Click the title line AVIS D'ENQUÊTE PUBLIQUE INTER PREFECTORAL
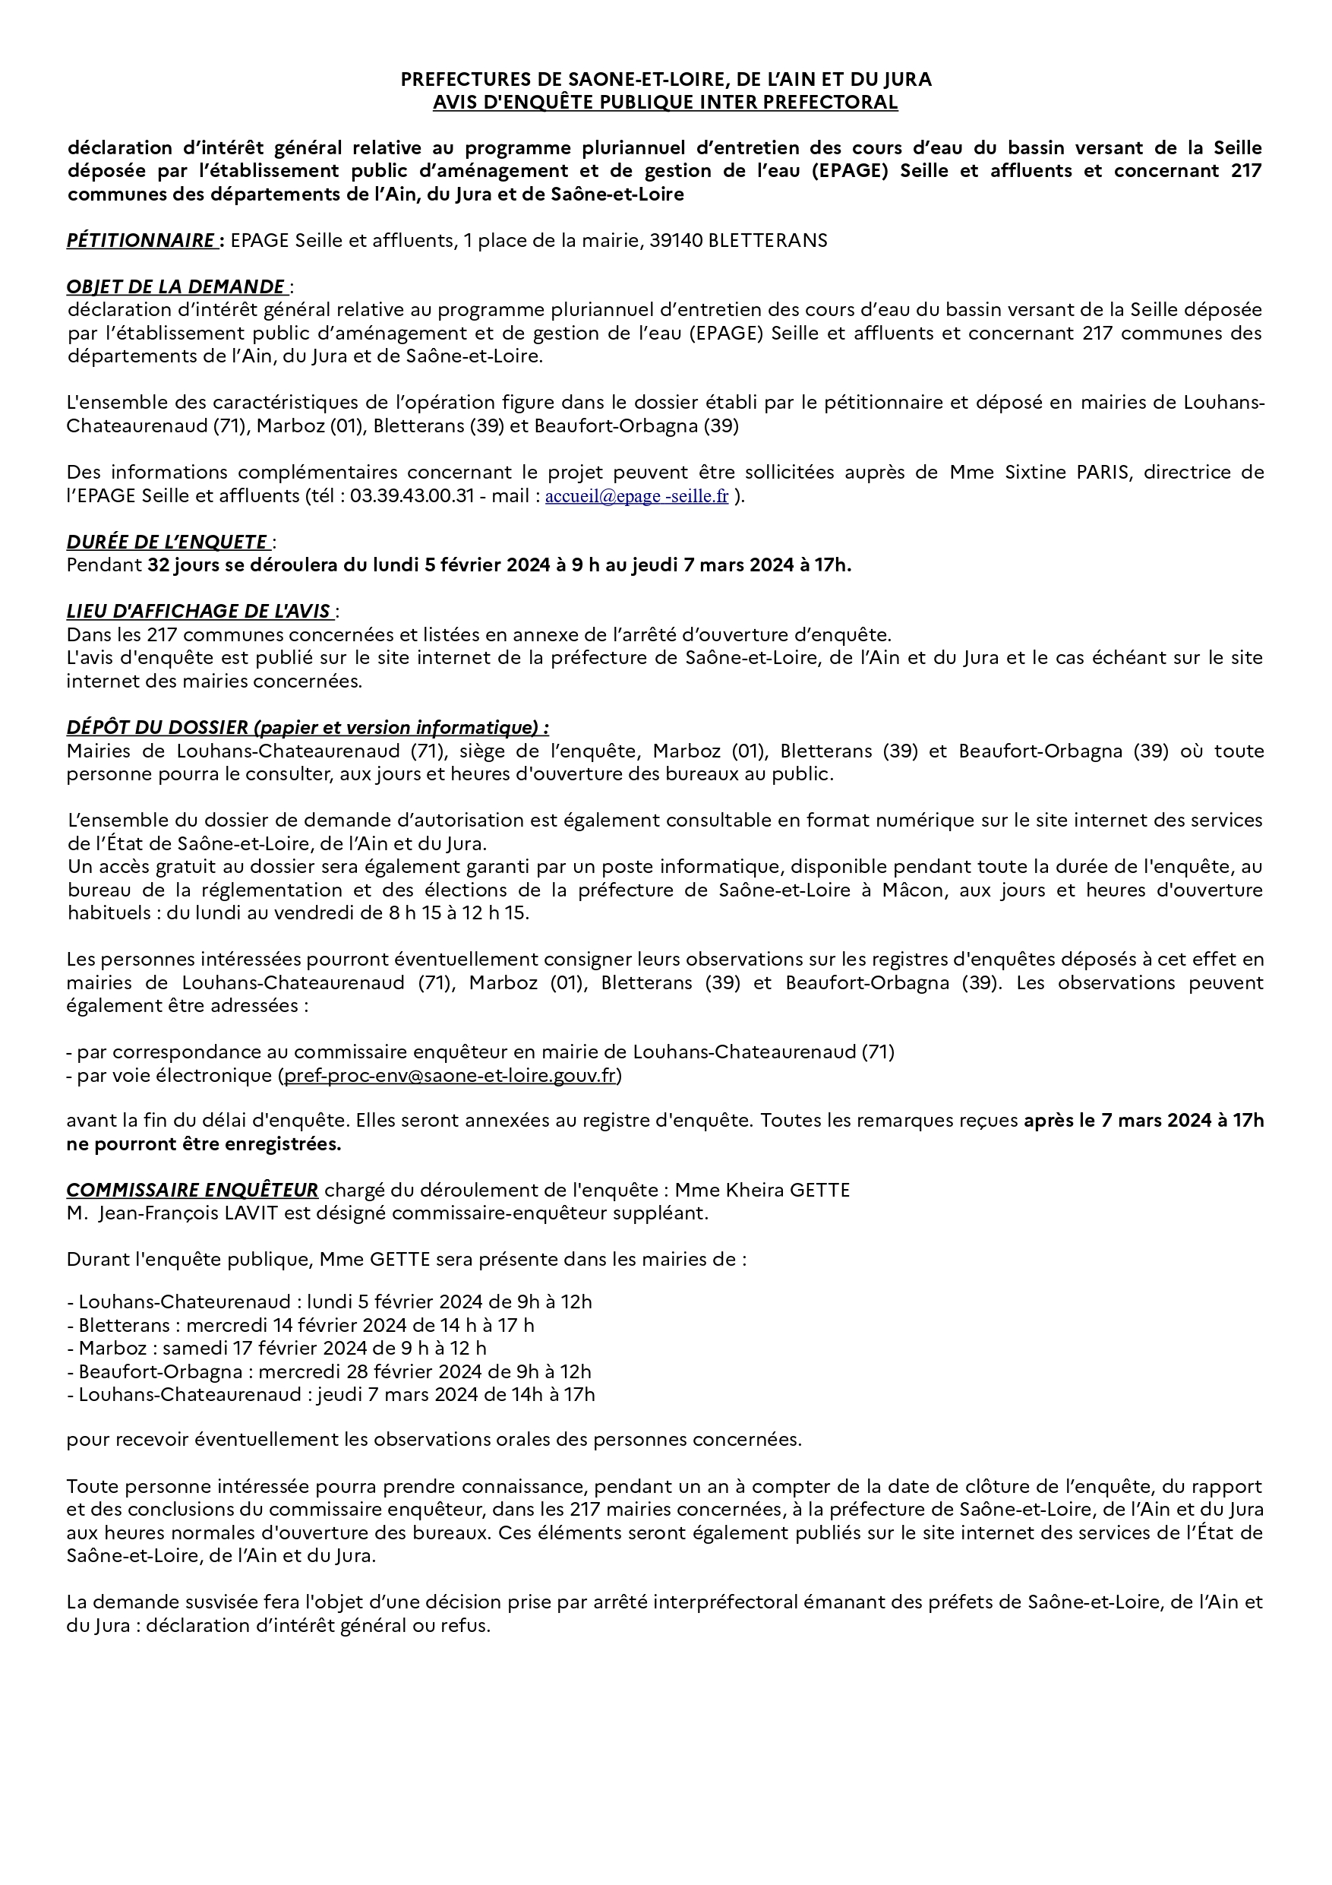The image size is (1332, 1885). tap(665, 103)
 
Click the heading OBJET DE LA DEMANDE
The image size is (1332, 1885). tap(175, 286)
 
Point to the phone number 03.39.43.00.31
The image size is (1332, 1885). tap(412, 497)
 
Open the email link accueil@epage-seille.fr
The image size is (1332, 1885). tap(637, 497)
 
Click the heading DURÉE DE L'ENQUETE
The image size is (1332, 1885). tap(167, 542)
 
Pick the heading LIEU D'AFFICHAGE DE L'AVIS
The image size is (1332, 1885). tap(200, 612)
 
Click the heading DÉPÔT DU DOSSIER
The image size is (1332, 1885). tap(308, 727)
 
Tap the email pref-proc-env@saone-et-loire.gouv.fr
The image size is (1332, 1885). tap(450, 1076)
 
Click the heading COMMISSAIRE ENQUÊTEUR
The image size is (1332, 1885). tap(192, 1191)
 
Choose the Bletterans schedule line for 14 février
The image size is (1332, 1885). tap(306, 1325)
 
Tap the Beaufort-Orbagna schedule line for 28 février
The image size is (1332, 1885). tap(335, 1372)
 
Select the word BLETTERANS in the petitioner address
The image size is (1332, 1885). tap(767, 241)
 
